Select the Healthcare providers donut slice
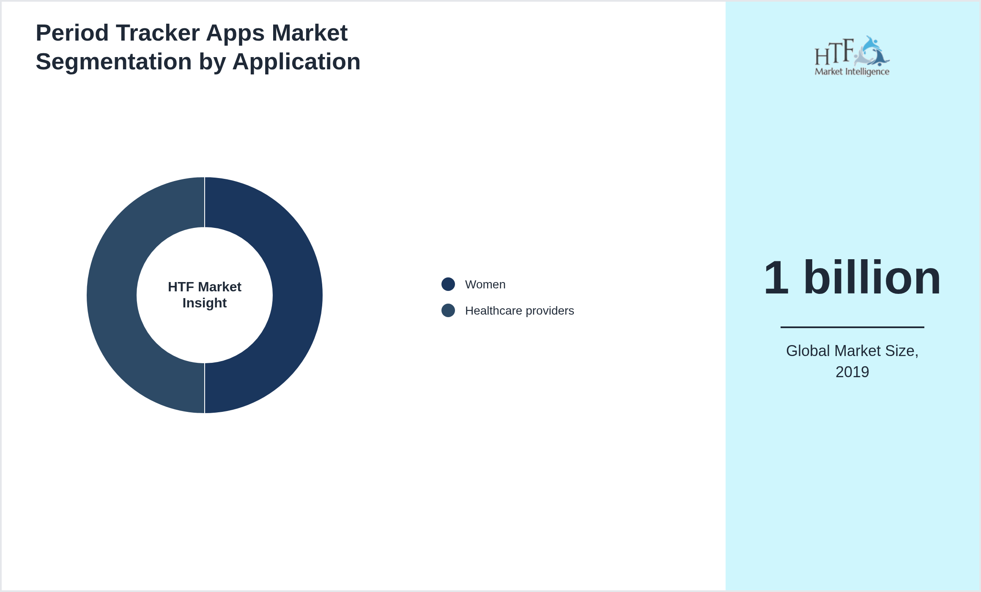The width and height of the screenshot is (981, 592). tap(112, 295)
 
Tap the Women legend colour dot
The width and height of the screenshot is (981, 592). tap(448, 284)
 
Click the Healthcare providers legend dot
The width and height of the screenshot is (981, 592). tap(448, 310)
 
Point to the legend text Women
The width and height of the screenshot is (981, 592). tap(485, 285)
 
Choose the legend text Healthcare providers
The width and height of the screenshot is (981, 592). tap(519, 311)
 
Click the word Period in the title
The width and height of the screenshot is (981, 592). tap(72, 33)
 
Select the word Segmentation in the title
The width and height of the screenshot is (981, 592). tap(114, 62)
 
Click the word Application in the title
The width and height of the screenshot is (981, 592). tap(296, 62)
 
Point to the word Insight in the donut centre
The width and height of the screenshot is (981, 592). tap(205, 303)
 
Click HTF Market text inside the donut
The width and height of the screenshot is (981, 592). tap(205, 287)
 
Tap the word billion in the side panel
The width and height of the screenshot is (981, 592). tap(872, 278)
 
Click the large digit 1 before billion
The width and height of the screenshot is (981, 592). tap(776, 278)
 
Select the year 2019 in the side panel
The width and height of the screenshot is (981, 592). tap(852, 372)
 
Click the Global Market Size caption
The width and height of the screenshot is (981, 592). tap(852, 351)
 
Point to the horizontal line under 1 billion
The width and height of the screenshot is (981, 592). tap(852, 327)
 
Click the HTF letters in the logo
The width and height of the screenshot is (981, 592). tap(834, 53)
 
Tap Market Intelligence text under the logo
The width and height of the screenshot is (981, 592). tap(852, 71)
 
